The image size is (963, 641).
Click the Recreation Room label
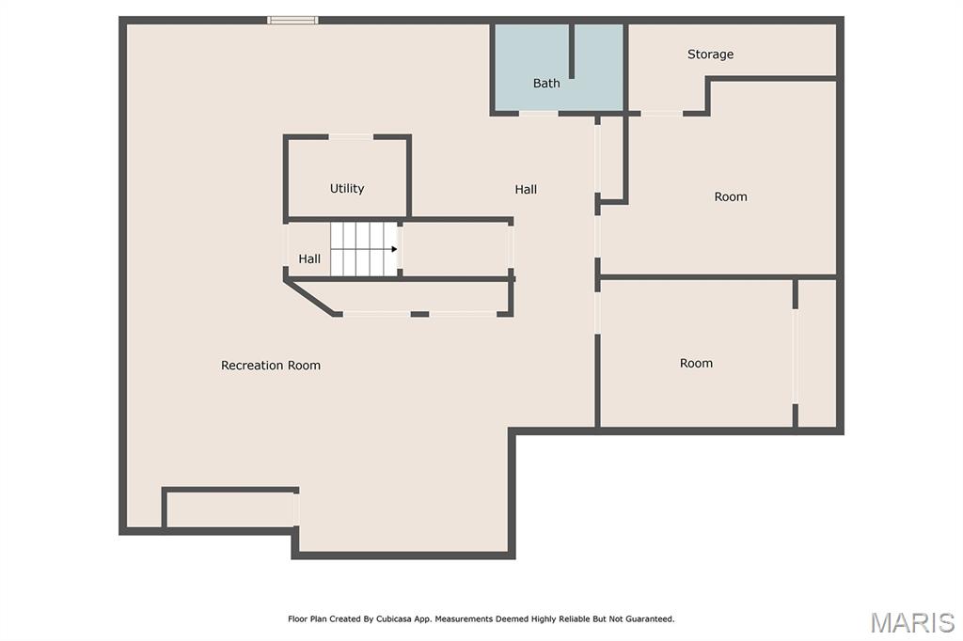tap(271, 366)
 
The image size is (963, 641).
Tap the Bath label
tap(546, 83)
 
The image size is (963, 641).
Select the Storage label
tap(710, 55)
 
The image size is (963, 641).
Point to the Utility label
tap(347, 189)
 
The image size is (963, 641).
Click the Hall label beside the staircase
tap(309, 259)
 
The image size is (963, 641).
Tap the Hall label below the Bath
tap(526, 190)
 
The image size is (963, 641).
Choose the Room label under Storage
tap(730, 197)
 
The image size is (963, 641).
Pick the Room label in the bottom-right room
tap(696, 364)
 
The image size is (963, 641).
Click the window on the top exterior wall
tap(293, 21)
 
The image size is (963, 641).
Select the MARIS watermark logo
tap(912, 622)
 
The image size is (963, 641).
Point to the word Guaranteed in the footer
tap(651, 618)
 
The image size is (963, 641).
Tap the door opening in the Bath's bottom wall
tap(539, 114)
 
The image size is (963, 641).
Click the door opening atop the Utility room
tap(352, 137)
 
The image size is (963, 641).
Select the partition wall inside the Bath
tap(571, 51)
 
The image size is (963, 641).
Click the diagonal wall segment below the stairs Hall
tap(308, 297)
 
